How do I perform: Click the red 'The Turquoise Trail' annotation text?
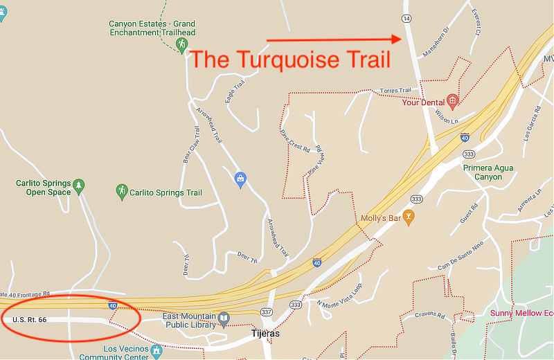pos(290,60)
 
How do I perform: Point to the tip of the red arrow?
pos(402,39)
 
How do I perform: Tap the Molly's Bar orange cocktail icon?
pos(409,217)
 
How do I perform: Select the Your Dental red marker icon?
pos(452,102)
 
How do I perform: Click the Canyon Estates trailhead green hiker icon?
pos(182,45)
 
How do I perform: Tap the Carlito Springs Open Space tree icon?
pos(79,185)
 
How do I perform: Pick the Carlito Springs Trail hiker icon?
pos(122,192)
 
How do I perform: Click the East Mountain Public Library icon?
pos(224,319)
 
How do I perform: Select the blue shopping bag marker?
pos(240,179)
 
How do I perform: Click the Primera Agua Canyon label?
pos(489,172)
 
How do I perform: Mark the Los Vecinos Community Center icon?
pos(156,351)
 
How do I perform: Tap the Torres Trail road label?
pos(395,91)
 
